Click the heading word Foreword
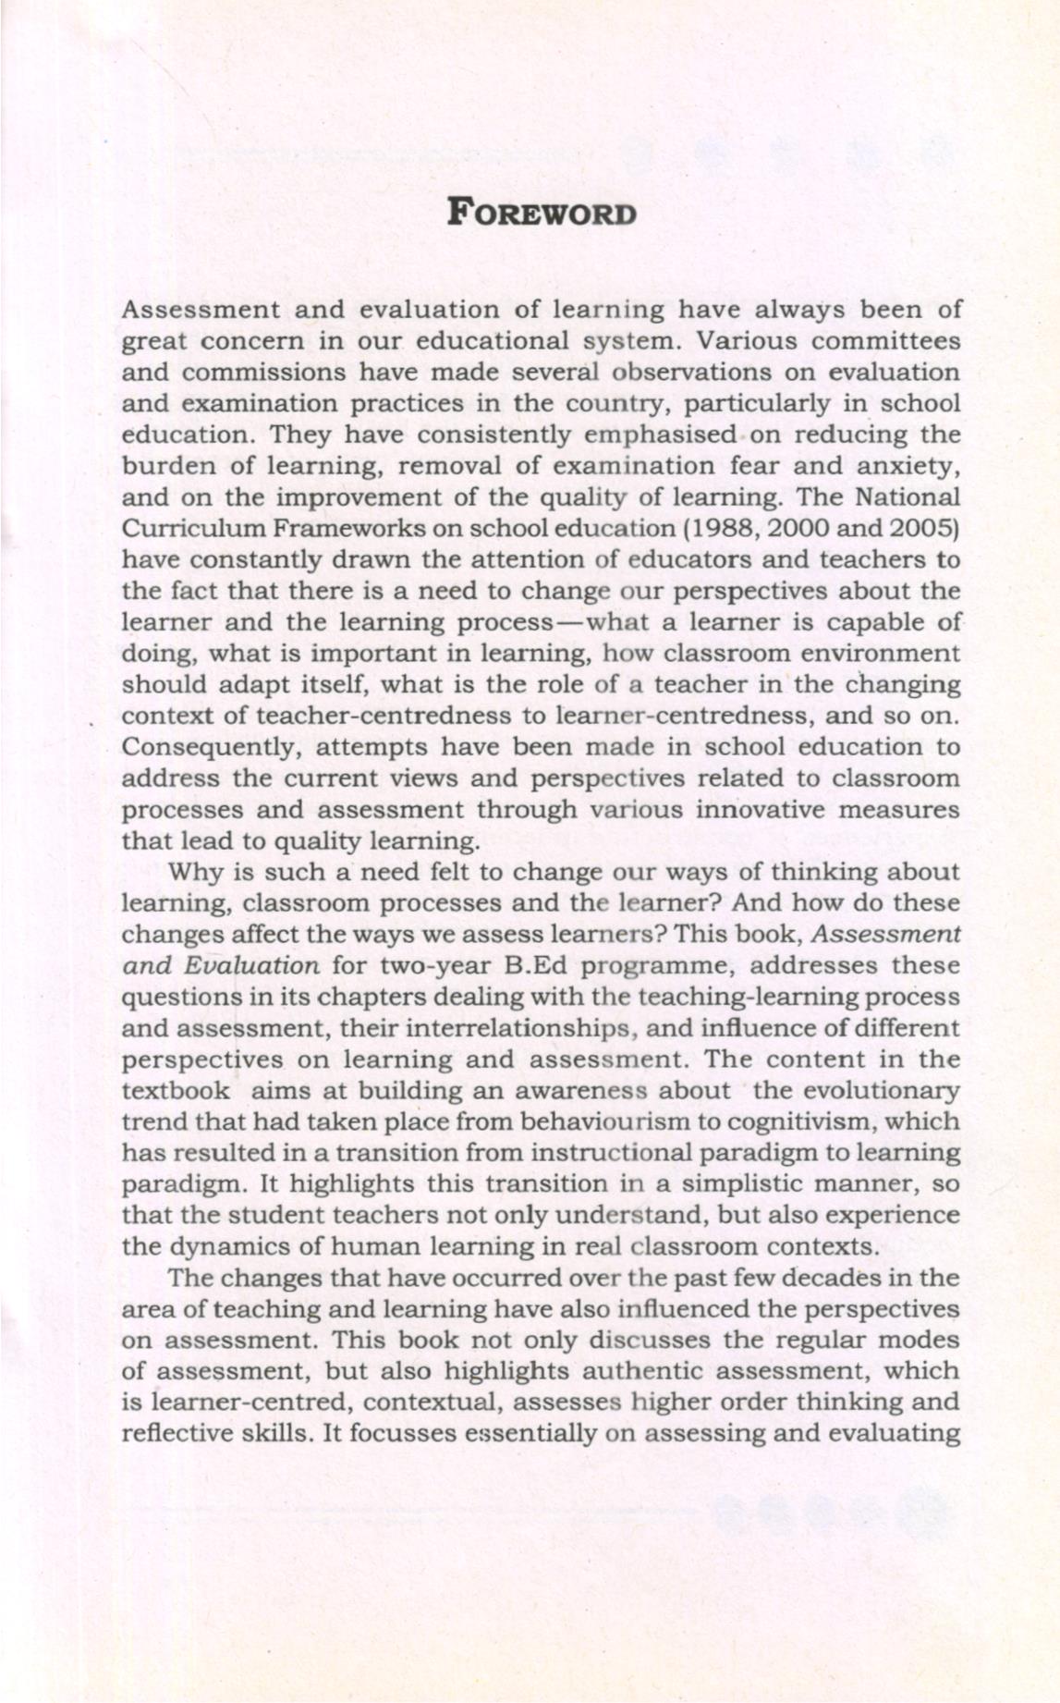542,213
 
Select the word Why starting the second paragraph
193,872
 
